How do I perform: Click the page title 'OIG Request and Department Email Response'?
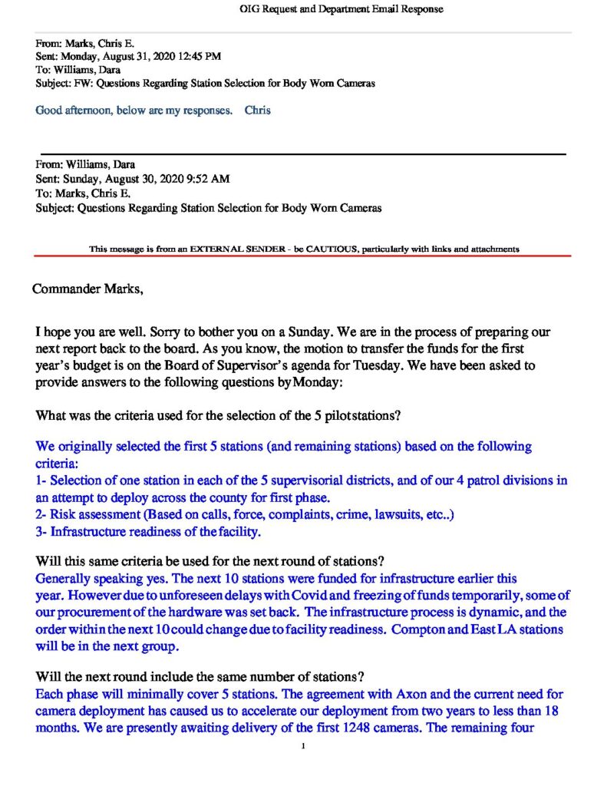click(x=341, y=9)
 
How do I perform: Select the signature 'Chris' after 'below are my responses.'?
click(x=258, y=111)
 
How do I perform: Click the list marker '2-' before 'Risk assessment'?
click(x=42, y=515)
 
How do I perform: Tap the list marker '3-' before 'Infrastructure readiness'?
click(x=42, y=530)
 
